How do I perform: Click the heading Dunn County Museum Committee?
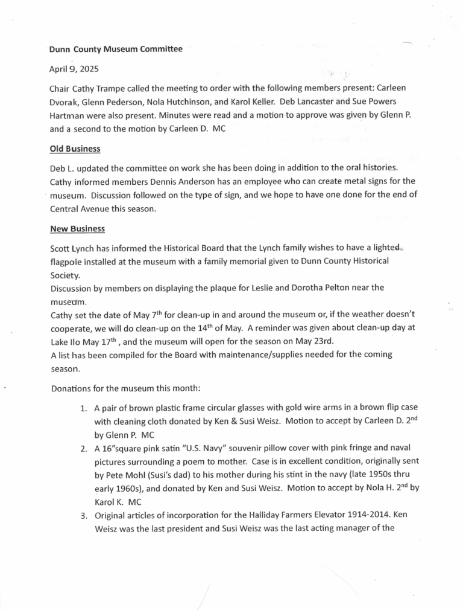pos(115,50)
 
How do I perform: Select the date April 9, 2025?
pos(78,68)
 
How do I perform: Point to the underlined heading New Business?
pos(77,229)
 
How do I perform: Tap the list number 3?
pos(84,515)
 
